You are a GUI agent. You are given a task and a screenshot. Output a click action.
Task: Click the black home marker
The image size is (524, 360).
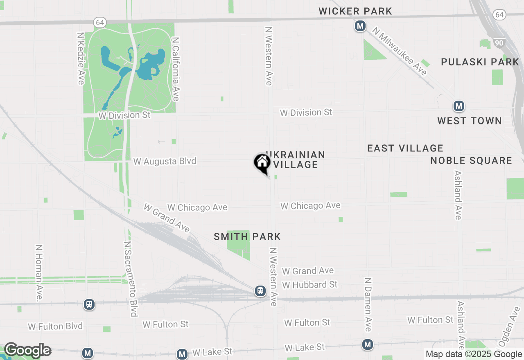(262, 163)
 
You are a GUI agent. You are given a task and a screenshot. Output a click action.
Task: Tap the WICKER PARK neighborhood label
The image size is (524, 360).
(355, 11)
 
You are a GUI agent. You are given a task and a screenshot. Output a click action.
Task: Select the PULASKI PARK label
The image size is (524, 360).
(480, 62)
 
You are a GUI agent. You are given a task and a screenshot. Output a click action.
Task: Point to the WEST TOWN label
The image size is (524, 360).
(469, 121)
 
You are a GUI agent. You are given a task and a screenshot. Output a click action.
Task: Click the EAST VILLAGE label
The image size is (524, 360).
(405, 148)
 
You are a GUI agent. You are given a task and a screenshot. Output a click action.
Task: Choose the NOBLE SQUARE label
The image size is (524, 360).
(471, 160)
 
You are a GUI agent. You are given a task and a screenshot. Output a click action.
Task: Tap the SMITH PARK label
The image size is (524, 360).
(247, 236)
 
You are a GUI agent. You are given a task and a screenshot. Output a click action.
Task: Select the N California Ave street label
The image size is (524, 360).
(176, 69)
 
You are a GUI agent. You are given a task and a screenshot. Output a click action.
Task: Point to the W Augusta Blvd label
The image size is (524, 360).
(165, 162)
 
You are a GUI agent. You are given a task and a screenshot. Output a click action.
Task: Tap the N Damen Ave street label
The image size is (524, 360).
(368, 304)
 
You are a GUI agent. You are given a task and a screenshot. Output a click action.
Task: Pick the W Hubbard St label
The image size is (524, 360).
(309, 284)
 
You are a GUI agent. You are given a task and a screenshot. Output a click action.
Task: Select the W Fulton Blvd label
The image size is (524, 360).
(55, 326)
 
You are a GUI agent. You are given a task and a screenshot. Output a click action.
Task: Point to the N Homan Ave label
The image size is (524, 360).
(39, 273)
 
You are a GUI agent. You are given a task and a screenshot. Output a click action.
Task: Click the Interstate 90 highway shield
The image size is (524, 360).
(499, 43)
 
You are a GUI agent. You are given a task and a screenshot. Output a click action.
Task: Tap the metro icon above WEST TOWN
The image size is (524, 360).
(458, 106)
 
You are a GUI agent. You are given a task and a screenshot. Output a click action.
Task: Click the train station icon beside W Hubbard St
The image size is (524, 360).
(260, 291)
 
